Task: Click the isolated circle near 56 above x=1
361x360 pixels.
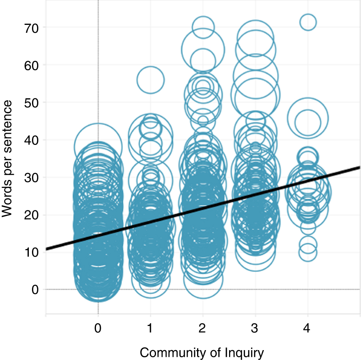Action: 150,80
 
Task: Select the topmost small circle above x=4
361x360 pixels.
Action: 308,22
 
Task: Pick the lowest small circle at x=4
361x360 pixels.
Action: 308,253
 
